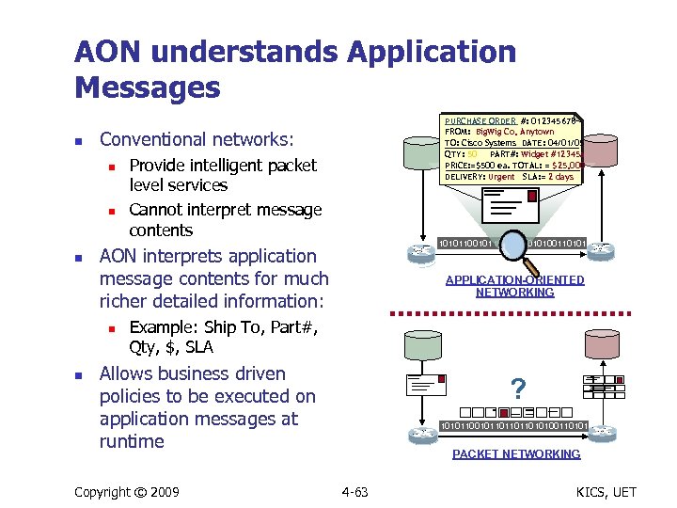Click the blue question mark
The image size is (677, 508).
516,388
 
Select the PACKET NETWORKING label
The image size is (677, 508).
515,454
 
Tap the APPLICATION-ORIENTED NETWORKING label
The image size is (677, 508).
514,286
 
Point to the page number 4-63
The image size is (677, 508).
354,492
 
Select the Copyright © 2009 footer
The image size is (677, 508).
127,492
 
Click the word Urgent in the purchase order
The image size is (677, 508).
501,177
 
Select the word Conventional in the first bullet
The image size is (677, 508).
154,139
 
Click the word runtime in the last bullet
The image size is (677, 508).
132,441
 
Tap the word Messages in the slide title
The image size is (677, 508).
147,87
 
